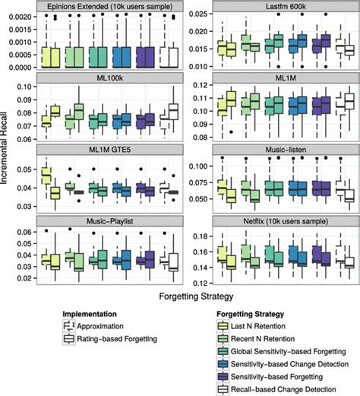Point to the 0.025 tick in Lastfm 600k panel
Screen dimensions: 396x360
(x=199, y=14)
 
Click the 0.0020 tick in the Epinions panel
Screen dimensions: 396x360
(x=18, y=15)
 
